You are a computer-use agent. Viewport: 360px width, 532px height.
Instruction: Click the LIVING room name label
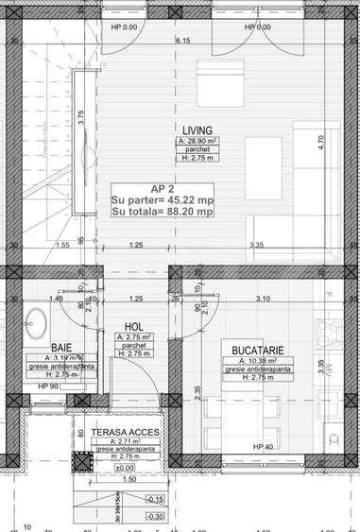(x=197, y=130)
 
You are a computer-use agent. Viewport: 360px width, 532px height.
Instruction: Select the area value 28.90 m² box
(x=197, y=141)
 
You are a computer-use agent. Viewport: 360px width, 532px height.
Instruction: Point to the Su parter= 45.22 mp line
(x=161, y=199)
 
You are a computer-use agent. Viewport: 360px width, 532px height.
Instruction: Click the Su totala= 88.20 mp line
(x=162, y=213)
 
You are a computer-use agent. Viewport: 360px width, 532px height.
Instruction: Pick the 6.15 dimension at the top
(x=182, y=41)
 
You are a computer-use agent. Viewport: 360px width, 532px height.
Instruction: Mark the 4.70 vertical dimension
(x=320, y=139)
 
